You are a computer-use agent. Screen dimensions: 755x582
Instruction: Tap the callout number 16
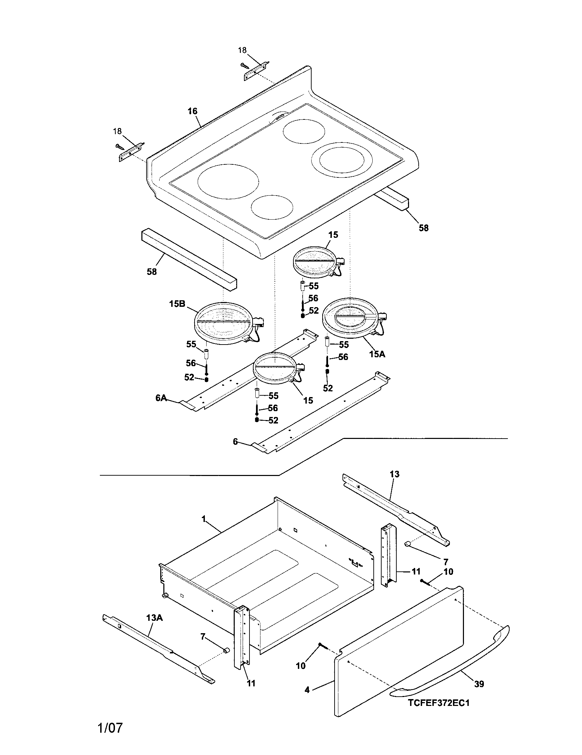pos(193,111)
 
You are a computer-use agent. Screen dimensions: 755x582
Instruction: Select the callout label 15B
pos(177,304)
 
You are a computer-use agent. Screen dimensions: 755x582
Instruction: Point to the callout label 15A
pos(377,354)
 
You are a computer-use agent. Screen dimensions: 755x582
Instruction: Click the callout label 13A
pos(154,618)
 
